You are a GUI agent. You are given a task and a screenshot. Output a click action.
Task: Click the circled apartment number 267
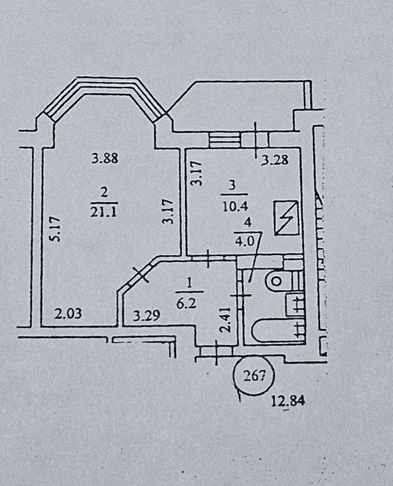click(254, 375)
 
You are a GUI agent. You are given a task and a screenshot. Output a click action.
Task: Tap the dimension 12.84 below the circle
click(288, 401)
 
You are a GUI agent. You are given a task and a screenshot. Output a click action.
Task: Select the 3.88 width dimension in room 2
click(105, 159)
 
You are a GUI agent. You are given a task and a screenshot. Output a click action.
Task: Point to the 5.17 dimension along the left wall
click(55, 229)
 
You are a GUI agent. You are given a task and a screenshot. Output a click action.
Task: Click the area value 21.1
click(103, 212)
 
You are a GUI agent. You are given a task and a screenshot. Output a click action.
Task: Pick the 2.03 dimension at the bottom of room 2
click(68, 314)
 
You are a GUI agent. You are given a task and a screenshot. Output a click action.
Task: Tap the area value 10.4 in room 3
click(235, 206)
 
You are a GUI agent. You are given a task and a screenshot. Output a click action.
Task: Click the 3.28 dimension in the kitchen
click(275, 160)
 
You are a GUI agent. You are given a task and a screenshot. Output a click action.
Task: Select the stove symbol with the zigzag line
click(287, 218)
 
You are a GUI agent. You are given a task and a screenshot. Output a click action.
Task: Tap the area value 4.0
click(244, 241)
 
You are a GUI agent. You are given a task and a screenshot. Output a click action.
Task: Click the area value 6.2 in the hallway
click(186, 303)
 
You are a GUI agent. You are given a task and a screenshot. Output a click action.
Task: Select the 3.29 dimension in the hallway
click(147, 316)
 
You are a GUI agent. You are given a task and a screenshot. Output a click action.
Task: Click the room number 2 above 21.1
click(104, 193)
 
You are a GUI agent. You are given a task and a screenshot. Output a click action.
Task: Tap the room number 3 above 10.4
click(232, 186)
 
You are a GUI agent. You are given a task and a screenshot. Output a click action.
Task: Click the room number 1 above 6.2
click(190, 283)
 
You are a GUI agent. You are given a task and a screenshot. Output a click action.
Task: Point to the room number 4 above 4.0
click(248, 222)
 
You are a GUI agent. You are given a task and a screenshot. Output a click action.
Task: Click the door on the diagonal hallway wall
click(141, 275)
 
